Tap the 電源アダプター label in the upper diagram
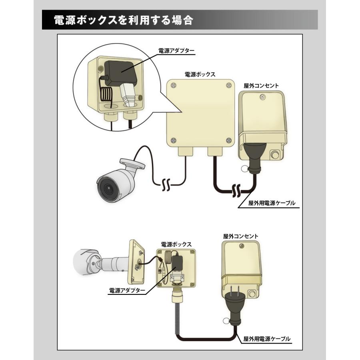point(176,51)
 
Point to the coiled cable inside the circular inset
point(106,96)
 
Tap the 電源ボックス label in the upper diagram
point(200,74)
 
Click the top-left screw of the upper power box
point(173,85)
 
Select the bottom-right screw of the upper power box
point(228,140)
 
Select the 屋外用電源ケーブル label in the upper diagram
point(272,203)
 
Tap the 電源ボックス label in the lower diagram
point(176,244)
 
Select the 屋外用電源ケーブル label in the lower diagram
point(267,339)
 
